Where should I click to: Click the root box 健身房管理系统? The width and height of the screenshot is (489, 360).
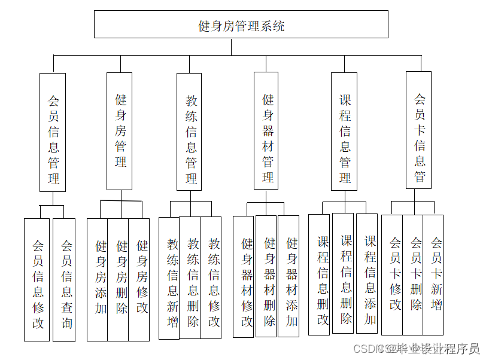pos(241,25)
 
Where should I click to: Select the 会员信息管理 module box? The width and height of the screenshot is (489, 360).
pos(53,132)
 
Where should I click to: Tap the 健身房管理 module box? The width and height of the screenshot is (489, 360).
pos(120,131)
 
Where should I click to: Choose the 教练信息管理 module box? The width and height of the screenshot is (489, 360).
pos(189,132)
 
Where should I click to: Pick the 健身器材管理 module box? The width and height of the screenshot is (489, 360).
pos(266,130)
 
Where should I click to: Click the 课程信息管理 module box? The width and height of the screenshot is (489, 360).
pos(344,132)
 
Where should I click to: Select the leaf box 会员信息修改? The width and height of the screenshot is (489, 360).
pos(37,280)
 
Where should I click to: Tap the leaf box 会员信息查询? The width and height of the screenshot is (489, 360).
pos(65,280)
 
